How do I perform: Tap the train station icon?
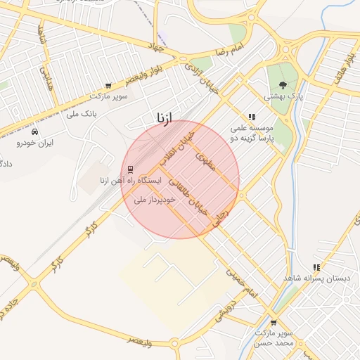click(131, 168)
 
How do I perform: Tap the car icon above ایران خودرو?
click(35, 131)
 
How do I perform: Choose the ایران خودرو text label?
click(35, 143)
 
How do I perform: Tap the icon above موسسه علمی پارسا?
click(251, 117)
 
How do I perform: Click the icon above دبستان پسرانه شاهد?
click(317, 267)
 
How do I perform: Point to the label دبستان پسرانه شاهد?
click(316, 278)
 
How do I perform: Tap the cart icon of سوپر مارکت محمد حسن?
click(274, 322)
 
